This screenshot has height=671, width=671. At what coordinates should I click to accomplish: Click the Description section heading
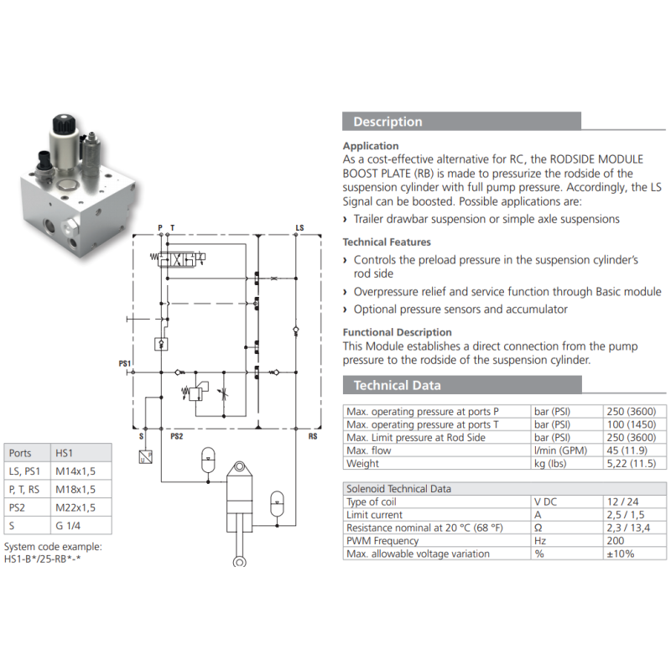[388, 122]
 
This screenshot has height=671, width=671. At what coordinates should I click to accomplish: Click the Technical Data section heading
[397, 385]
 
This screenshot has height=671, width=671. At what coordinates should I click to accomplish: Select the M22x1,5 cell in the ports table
[75, 507]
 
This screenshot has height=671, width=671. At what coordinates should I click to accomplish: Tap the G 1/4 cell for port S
[68, 526]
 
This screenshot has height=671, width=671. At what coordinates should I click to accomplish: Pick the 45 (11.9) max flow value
[627, 450]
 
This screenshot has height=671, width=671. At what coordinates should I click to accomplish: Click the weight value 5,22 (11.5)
[632, 463]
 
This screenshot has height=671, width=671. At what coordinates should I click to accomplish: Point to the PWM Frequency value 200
[616, 540]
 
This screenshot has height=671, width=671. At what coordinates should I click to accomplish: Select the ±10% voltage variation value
[621, 554]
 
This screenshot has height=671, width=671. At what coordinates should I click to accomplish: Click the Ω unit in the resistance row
[538, 528]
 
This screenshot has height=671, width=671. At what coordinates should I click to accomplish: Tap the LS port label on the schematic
[299, 227]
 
